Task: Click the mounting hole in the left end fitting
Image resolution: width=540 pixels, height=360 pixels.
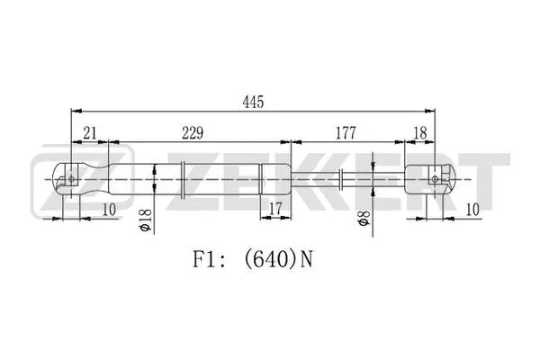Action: tap(72, 178)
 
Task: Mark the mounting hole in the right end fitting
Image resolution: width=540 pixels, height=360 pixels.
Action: tap(436, 178)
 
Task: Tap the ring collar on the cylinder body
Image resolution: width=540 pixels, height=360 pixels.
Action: tap(183, 178)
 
